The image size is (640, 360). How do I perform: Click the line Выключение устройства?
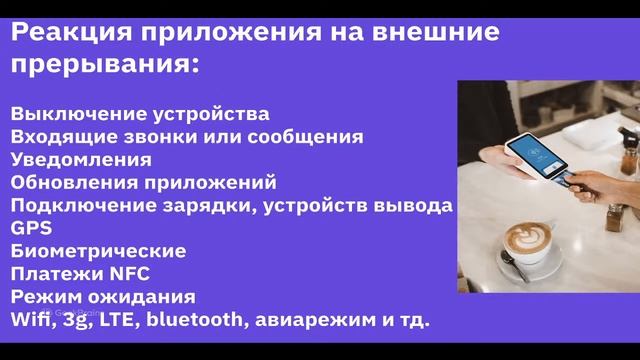(140, 113)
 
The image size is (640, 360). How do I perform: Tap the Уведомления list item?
(81, 159)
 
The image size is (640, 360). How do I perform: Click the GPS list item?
(31, 228)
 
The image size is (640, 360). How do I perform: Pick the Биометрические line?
(98, 251)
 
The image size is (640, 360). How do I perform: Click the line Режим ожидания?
(103, 297)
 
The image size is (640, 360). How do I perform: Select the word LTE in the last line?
(118, 320)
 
